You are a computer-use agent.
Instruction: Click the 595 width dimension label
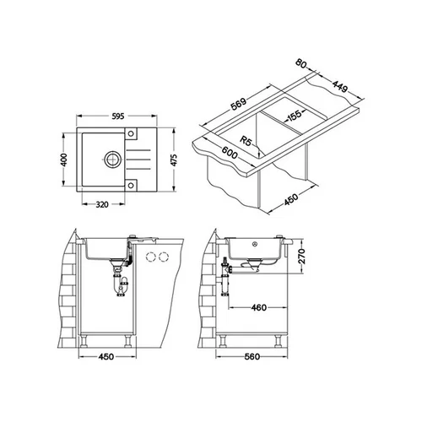coord(117,116)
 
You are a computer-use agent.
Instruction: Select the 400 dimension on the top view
coord(64,160)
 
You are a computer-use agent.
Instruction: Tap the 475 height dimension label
coord(174,160)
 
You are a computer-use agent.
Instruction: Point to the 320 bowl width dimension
coord(102,204)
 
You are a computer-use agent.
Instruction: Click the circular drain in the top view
coord(113,160)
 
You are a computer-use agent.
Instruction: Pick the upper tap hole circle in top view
coord(131,133)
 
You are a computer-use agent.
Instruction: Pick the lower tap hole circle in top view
coord(131,185)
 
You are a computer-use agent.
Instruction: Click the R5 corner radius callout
coord(245,141)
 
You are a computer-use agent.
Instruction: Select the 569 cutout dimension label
coord(238,104)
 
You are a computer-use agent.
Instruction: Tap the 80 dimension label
coord(300,63)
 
